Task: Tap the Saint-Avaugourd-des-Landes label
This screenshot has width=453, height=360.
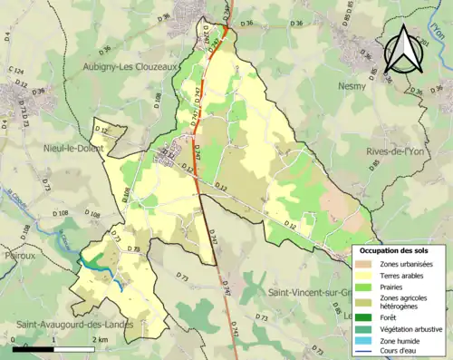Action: (74, 324)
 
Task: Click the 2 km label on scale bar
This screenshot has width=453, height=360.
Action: (101, 340)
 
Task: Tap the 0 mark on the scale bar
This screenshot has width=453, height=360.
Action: (14, 340)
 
